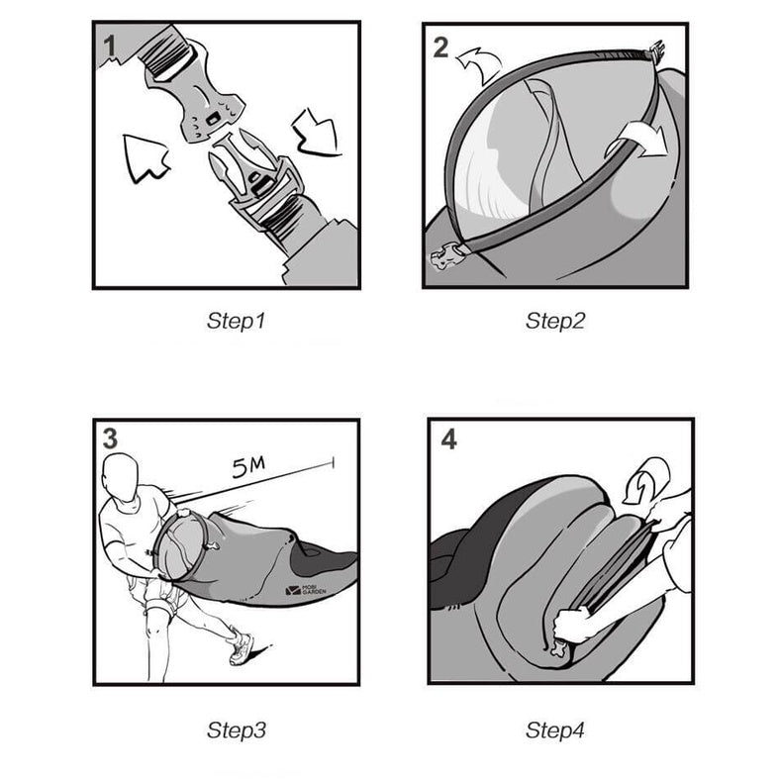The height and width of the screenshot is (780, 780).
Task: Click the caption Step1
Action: pos(236,321)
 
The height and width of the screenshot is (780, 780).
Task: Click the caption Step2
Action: pos(555,321)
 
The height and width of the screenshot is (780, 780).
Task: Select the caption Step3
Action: pos(237,731)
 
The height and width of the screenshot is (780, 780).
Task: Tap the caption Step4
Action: pos(555,731)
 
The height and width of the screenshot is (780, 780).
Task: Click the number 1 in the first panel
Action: pos(110,47)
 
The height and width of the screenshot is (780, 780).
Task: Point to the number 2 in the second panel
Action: pos(440,48)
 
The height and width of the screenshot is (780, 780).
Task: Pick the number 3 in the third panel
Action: pos(110,439)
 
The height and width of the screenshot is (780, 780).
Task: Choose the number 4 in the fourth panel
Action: pos(448,439)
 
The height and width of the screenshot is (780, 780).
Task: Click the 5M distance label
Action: pos(248,467)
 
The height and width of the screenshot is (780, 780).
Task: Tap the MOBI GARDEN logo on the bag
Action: pos(306,590)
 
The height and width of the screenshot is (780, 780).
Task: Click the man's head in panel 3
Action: pos(120,477)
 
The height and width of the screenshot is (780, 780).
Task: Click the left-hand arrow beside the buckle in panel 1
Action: pos(145,157)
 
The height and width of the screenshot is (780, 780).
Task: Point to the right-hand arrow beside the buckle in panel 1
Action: pos(317,132)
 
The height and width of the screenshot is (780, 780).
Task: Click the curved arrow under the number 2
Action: pos(479,64)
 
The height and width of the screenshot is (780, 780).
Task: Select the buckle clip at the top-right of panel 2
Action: pos(655,51)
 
